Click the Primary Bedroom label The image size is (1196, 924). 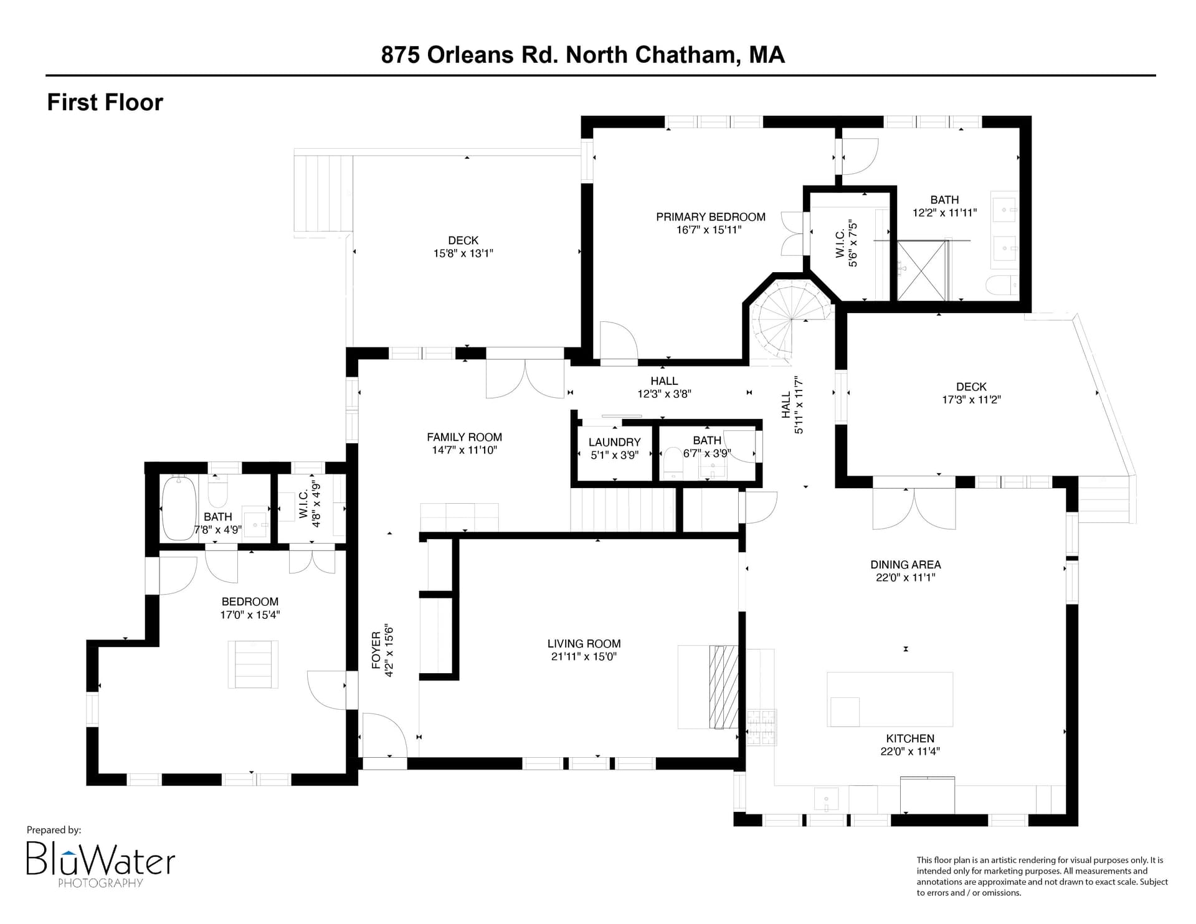click(711, 217)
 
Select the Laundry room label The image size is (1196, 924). click(614, 442)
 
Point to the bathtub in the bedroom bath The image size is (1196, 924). click(179, 507)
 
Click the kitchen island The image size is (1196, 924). click(890, 699)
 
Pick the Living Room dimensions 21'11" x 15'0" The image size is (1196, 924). click(584, 656)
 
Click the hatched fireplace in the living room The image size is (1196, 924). click(724, 687)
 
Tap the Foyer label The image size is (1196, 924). click(376, 651)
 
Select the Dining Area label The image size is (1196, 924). click(906, 565)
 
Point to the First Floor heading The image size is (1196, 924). click(105, 102)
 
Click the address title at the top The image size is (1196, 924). click(583, 55)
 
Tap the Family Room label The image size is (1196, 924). click(465, 437)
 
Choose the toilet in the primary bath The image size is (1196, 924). click(1002, 286)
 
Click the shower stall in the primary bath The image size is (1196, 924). click(923, 270)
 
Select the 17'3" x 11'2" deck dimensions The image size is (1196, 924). click(971, 400)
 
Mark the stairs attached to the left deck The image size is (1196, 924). click(324, 193)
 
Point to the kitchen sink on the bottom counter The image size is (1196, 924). click(826, 799)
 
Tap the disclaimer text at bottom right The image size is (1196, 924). click(1042, 876)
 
